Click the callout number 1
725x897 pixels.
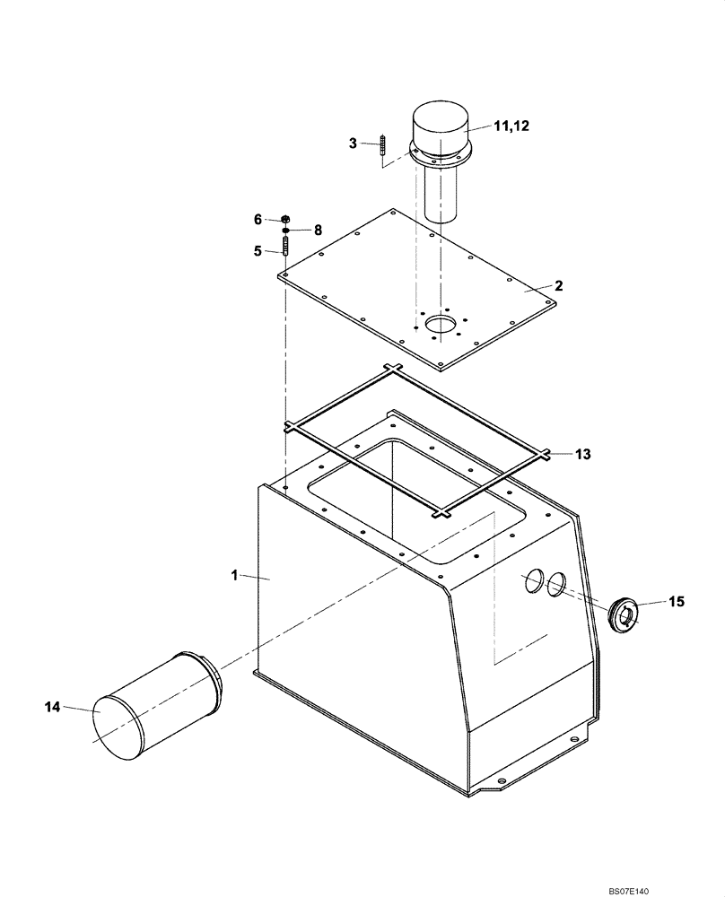[x=235, y=575]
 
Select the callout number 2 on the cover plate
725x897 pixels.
[x=558, y=286]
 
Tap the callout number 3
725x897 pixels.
[x=354, y=143]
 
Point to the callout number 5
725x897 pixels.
[x=258, y=252]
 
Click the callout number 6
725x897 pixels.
[x=258, y=220]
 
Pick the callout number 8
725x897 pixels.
[x=318, y=230]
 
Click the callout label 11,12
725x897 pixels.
[x=512, y=126]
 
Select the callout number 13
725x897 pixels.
[x=583, y=455]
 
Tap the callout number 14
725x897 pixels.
[x=52, y=708]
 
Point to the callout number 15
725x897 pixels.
[x=676, y=601]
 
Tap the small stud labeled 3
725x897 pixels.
[x=382, y=149]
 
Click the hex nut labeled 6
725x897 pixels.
[x=284, y=219]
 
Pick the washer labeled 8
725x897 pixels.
[x=285, y=230]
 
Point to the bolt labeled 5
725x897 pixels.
[x=285, y=245]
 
